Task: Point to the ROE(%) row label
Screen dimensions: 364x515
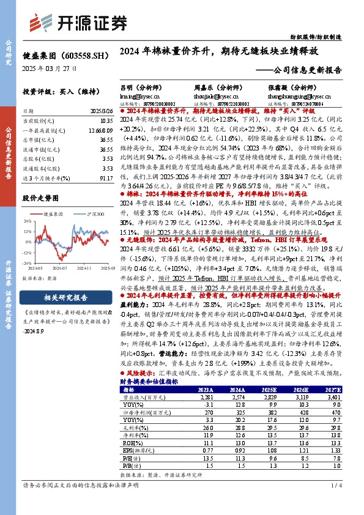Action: [x=130, y=441]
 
